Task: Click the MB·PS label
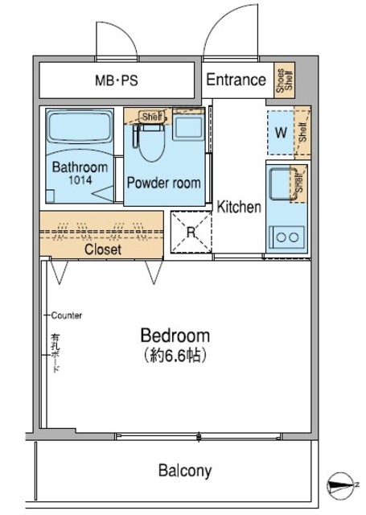[116, 80]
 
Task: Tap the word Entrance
[236, 80]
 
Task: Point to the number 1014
[80, 180]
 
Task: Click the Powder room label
[164, 183]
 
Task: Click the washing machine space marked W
[280, 133]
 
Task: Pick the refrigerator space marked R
[190, 232]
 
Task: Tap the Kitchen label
[239, 208]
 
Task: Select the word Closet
[103, 250]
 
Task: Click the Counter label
[66, 315]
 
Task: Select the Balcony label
[184, 471]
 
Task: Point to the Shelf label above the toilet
[150, 117]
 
